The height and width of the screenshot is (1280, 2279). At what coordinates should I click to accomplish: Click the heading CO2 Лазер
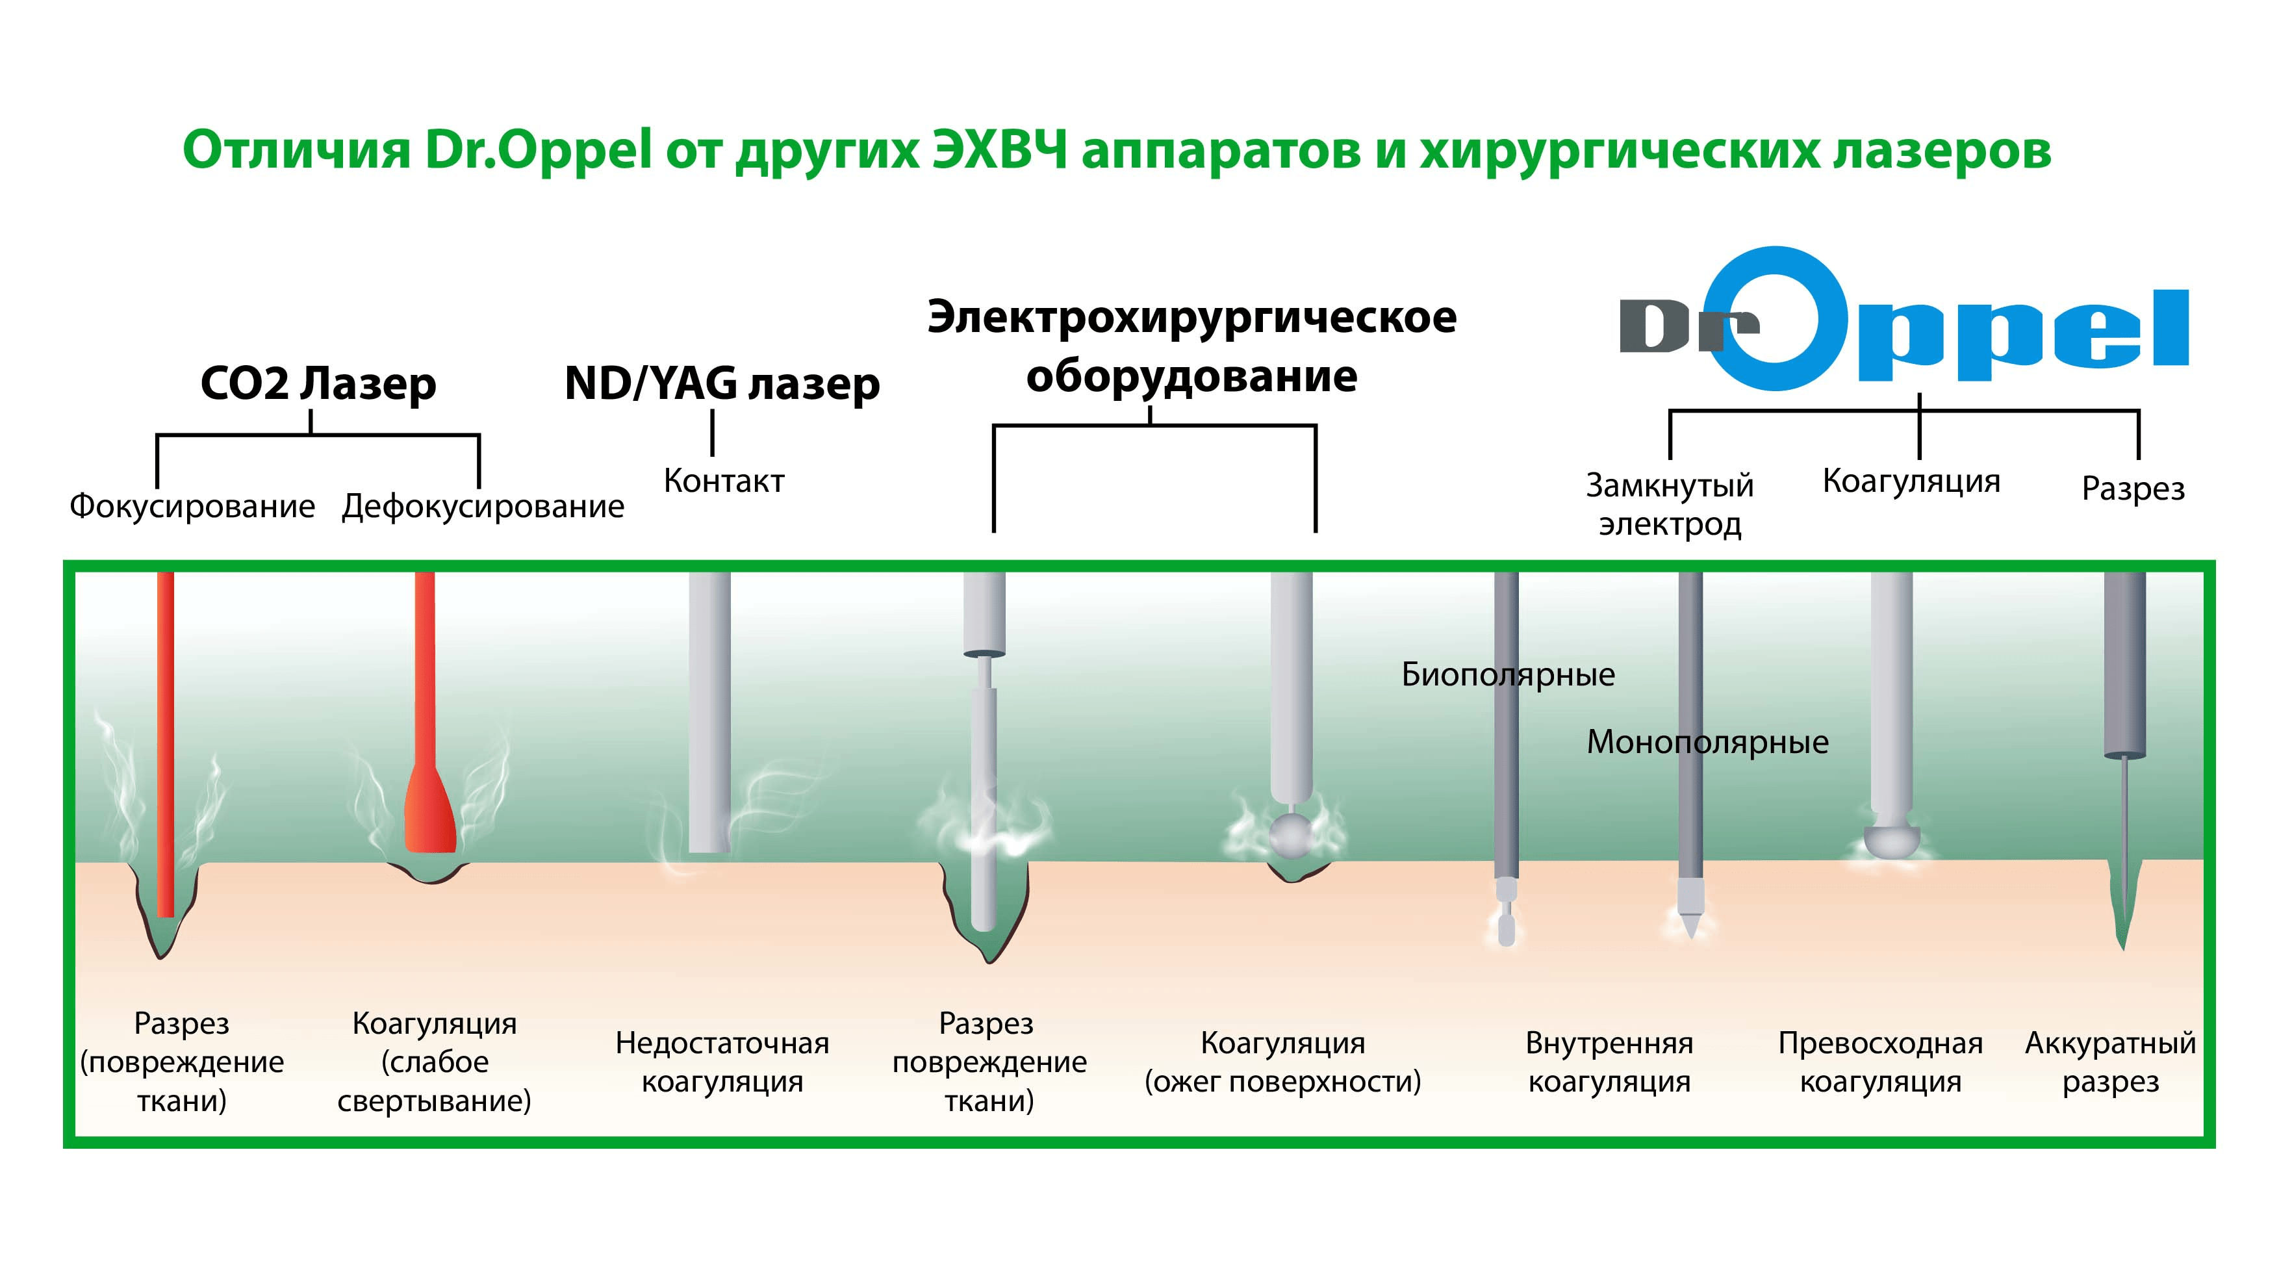(x=318, y=384)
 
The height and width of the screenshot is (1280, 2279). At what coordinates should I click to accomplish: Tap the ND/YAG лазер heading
(x=722, y=384)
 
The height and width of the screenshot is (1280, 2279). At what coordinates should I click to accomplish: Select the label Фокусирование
(x=192, y=506)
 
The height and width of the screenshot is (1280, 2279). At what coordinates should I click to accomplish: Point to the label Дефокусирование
(x=483, y=506)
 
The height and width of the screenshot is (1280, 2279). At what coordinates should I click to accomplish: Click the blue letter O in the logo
(x=1776, y=318)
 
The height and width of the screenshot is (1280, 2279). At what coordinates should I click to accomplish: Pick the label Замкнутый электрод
(x=1670, y=504)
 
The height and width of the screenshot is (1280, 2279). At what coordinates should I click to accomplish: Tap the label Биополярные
(x=1508, y=675)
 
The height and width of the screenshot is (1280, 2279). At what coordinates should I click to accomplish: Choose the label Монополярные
(x=1707, y=742)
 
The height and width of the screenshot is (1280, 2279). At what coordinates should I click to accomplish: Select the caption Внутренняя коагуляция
(x=1609, y=1062)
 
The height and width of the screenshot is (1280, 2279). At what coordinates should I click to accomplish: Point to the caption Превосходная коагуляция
(x=1880, y=1062)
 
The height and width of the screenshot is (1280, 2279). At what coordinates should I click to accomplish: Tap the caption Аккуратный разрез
(x=2110, y=1062)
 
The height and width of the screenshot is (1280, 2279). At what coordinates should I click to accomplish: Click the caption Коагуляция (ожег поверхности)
(x=1283, y=1062)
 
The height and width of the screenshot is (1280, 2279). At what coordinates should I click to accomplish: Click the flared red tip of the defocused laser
(x=430, y=814)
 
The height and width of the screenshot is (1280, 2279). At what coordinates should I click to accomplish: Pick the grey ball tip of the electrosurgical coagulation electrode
(x=1292, y=834)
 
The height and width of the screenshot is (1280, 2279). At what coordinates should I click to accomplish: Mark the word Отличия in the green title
(x=296, y=150)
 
